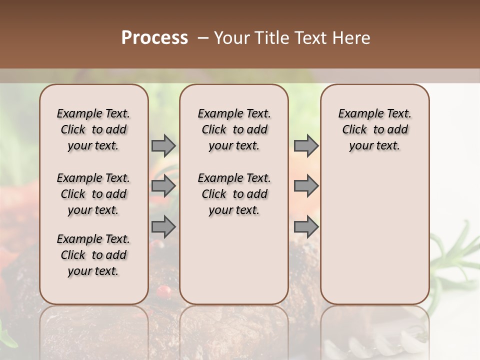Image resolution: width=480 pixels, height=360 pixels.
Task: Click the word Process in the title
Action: coord(154,38)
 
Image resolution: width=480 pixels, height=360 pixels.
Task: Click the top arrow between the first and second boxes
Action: coord(163,145)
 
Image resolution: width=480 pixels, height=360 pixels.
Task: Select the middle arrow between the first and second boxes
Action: coord(163,186)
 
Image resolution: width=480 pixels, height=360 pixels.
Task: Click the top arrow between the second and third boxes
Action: coord(306,145)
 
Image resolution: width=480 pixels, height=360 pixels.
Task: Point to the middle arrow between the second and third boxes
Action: coord(306,186)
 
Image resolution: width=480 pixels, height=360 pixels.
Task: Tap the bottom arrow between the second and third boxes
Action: coord(306,226)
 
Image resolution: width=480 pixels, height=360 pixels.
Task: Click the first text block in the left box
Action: coord(93,129)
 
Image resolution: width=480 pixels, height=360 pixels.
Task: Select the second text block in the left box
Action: coord(93,194)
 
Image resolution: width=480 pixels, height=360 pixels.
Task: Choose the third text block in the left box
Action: coord(93,255)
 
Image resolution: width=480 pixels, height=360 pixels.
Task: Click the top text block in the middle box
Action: coord(234,129)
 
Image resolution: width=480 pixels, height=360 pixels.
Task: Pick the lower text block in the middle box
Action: coord(234,194)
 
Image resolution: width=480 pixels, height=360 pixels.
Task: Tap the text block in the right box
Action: coord(374,129)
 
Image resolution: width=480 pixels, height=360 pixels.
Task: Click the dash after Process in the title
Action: coord(203,38)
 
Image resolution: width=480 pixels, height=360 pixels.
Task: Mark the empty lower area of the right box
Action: coord(374,235)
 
